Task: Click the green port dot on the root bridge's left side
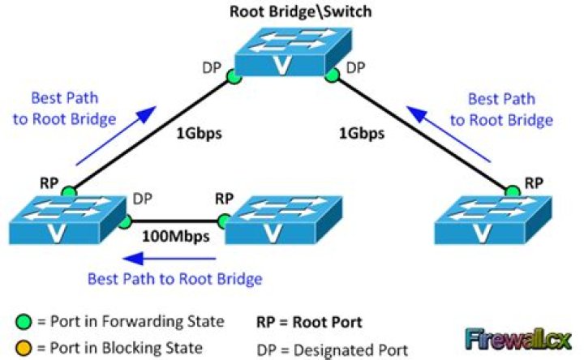(234, 77)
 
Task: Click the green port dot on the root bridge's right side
(330, 77)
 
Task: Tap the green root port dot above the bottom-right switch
(512, 191)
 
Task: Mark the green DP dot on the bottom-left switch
(124, 219)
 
